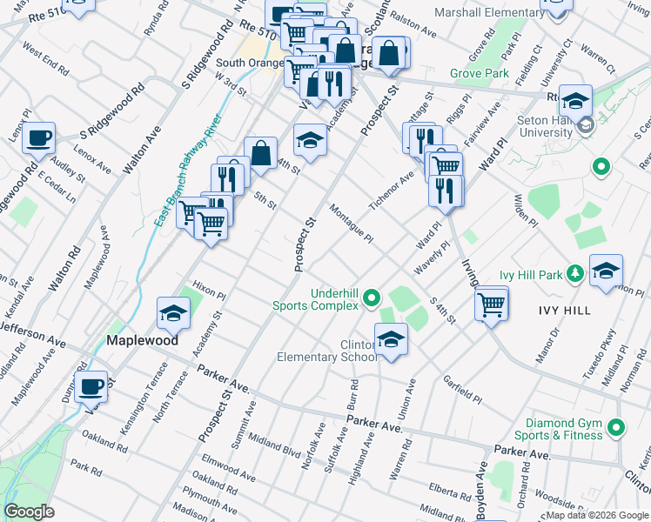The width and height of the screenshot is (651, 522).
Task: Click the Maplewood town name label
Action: (x=143, y=339)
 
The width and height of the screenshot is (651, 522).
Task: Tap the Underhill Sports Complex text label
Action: (x=316, y=299)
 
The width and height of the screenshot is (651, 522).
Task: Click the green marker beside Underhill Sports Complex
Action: (x=372, y=299)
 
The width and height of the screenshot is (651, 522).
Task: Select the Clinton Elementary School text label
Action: (x=327, y=350)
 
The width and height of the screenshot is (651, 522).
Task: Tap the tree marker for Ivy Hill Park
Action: (x=574, y=275)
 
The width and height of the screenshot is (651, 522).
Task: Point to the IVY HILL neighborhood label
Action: (x=566, y=310)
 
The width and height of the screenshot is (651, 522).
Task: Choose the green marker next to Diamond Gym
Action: (x=617, y=427)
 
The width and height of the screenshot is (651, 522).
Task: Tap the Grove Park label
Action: (x=480, y=73)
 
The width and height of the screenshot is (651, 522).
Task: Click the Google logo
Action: (x=29, y=512)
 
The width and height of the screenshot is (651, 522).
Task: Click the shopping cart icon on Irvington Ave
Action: (x=492, y=304)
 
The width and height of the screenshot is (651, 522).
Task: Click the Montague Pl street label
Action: (x=352, y=223)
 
